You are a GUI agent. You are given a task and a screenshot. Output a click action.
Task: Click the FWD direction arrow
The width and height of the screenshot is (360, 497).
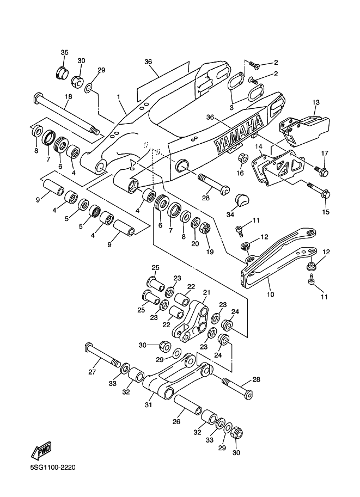(41, 451)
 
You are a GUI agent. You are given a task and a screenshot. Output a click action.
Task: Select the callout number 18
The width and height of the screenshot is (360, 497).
(68, 96)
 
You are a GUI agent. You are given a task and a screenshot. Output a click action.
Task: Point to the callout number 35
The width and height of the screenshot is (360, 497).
(64, 52)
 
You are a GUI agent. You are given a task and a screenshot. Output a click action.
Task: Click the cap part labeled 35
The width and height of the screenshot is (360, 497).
(61, 73)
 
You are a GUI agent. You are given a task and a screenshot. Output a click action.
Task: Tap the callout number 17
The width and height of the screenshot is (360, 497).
(325, 154)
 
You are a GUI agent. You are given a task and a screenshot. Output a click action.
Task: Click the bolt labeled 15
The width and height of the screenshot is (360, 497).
(319, 189)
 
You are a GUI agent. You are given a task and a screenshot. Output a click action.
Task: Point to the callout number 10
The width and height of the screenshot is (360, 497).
(270, 294)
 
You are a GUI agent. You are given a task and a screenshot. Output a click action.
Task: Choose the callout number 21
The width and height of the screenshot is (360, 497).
(206, 292)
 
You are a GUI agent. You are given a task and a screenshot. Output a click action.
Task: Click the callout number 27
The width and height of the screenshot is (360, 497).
(92, 372)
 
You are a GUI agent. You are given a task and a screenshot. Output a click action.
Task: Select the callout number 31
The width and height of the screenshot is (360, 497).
(149, 404)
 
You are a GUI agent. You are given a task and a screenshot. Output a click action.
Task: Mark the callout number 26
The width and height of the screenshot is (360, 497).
(176, 421)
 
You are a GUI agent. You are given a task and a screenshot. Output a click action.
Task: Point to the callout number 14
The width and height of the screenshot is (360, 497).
(259, 146)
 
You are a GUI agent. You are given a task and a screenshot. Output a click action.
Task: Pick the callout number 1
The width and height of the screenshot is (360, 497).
(119, 96)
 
